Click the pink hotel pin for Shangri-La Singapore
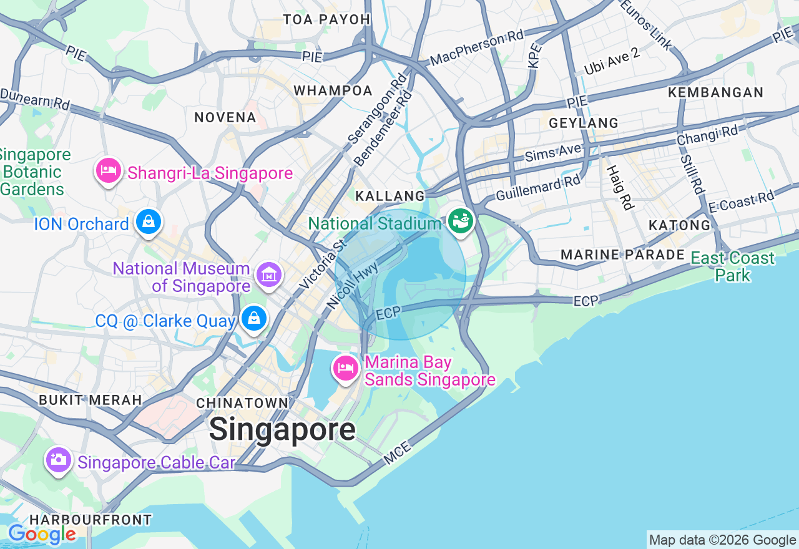(109, 170)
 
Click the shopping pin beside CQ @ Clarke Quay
(254, 319)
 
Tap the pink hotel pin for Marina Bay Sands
(345, 368)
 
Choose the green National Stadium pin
(461, 221)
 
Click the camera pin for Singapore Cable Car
(58, 460)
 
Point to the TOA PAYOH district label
(326, 19)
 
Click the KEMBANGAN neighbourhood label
(715, 92)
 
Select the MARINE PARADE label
(622, 255)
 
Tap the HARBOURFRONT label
(91, 519)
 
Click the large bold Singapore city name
(282, 430)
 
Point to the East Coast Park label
(732, 266)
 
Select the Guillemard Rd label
(538, 188)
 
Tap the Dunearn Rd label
(35, 99)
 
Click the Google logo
(42, 534)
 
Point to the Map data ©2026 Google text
(722, 540)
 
